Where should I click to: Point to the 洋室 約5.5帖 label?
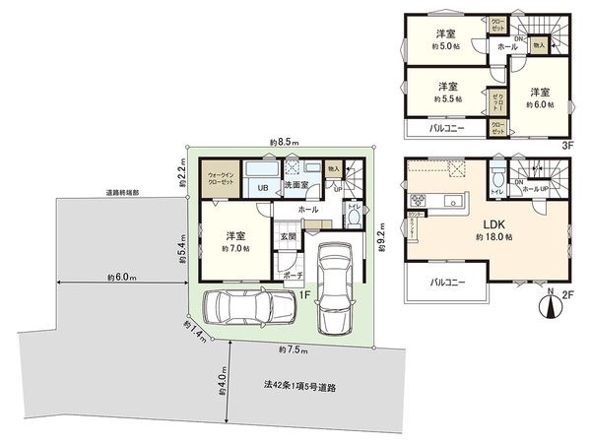446,93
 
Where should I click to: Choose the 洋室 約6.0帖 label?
539,96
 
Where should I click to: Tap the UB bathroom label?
263,187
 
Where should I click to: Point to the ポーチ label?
293,278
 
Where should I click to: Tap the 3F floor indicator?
567,145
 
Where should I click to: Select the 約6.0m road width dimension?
122,280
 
